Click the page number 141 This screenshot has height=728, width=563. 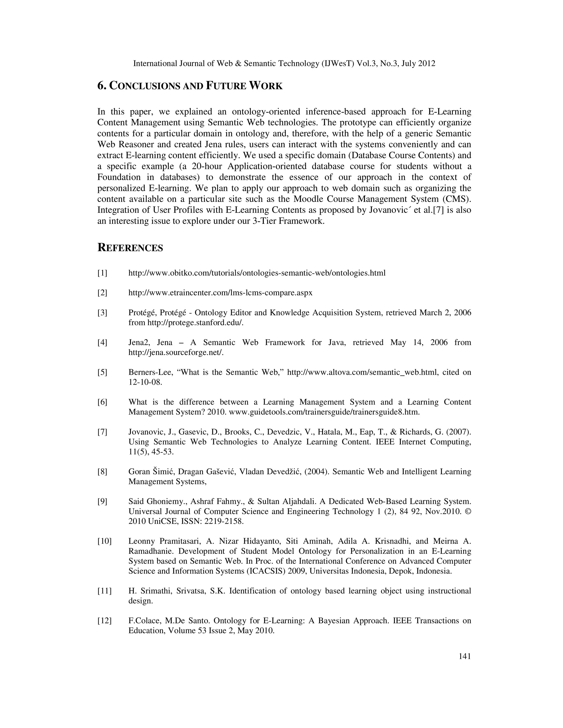pyautogui.click(x=465, y=656)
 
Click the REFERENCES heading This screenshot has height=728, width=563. pyautogui.click(x=130, y=248)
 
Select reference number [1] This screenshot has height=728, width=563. pyautogui.click(x=102, y=273)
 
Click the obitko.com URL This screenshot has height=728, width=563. pyautogui.click(x=257, y=273)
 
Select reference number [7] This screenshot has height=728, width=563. pyautogui.click(x=102, y=432)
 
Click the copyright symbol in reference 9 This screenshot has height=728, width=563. pyautogui.click(x=468, y=511)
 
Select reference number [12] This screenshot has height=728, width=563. pyautogui.click(x=104, y=621)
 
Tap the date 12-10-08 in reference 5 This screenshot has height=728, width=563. pyautogui.click(x=145, y=382)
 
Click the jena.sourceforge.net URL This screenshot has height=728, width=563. pyautogui.click(x=175, y=352)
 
